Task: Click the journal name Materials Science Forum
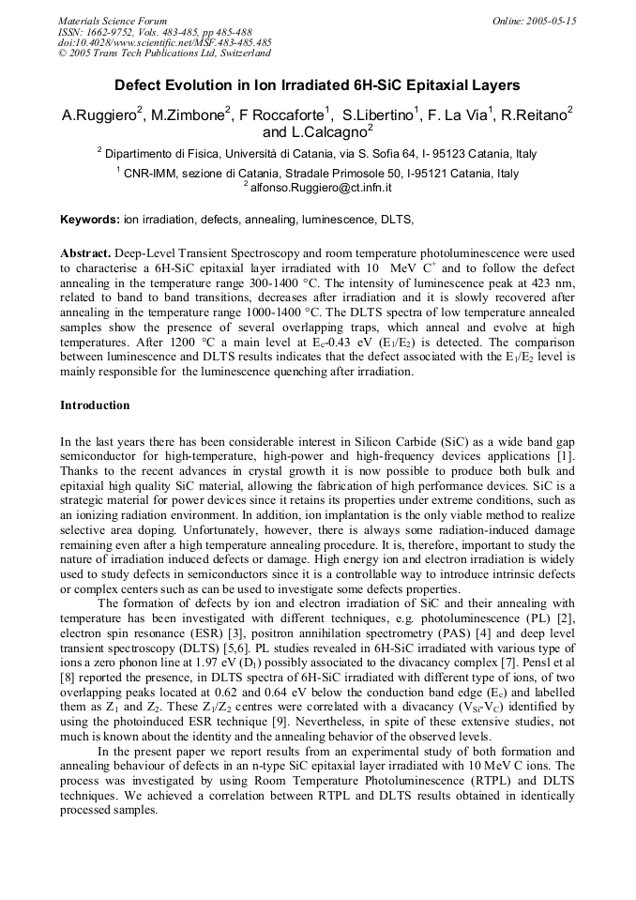(x=113, y=20)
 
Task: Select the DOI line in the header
(x=165, y=42)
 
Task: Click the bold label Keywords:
(x=90, y=220)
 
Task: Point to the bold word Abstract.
(x=85, y=254)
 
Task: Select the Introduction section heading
(x=95, y=405)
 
